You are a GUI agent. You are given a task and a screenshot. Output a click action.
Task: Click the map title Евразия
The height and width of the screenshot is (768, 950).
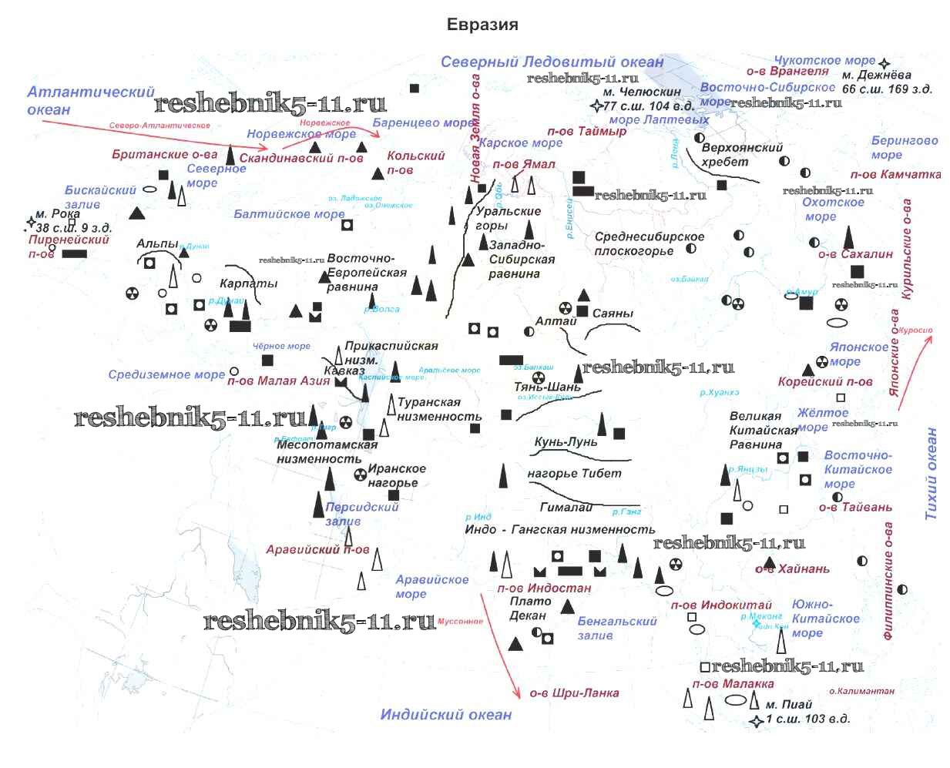(482, 25)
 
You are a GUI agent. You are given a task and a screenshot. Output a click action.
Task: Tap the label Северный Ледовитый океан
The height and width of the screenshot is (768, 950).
(552, 62)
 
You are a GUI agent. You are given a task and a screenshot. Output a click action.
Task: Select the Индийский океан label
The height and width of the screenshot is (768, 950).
(445, 715)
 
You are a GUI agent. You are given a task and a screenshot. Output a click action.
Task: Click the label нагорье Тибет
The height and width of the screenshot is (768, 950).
(574, 474)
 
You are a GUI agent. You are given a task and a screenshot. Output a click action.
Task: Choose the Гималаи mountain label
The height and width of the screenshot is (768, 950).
(566, 507)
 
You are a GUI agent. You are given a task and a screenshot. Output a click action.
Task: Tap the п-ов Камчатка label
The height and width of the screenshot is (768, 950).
(895, 175)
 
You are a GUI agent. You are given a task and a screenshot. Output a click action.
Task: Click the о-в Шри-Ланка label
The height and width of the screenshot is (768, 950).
(574, 693)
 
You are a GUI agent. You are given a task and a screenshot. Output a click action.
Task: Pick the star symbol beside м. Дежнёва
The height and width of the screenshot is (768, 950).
(885, 64)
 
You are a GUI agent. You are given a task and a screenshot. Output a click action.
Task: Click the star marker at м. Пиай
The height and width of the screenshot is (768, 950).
(757, 721)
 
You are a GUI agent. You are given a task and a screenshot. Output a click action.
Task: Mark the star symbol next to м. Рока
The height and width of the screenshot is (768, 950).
(31, 223)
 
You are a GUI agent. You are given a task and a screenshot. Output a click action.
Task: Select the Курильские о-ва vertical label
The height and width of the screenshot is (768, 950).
(907, 249)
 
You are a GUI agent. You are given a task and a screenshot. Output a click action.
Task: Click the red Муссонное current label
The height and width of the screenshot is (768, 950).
(460, 622)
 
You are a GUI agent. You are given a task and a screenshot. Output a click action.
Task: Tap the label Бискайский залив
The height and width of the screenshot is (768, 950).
(99, 197)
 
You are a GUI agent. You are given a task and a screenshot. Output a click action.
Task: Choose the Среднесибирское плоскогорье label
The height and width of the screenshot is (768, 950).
(649, 243)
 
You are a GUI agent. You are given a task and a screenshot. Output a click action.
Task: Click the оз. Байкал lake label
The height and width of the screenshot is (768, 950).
(689, 279)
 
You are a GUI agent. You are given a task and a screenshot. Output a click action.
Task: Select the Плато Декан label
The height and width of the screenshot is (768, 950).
(530, 609)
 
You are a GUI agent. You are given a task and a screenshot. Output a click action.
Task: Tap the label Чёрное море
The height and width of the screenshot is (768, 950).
(281, 347)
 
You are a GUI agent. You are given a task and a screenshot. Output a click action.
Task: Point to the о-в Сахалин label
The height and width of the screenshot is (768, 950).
(855, 253)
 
